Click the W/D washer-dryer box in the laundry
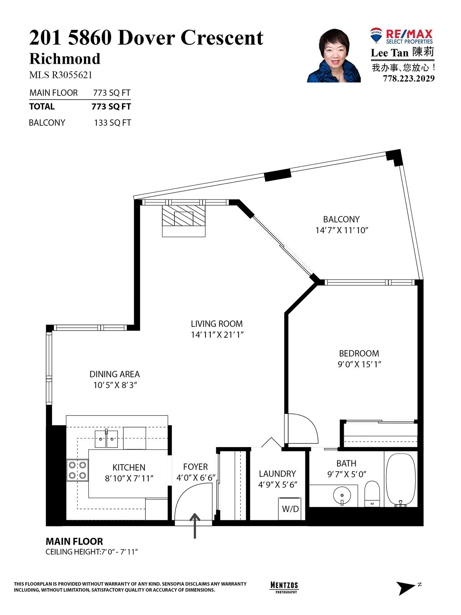(x=290, y=509)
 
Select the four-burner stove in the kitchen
(x=78, y=470)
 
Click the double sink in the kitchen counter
(x=106, y=439)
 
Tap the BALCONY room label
(x=341, y=219)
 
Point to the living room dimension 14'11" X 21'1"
(x=217, y=335)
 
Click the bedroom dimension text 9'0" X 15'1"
(x=359, y=364)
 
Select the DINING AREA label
(x=114, y=374)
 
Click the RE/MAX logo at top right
(x=402, y=36)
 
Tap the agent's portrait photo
(x=334, y=56)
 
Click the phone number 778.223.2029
(x=409, y=79)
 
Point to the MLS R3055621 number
(x=61, y=75)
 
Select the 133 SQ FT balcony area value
(x=112, y=123)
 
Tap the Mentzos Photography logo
(x=284, y=586)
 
